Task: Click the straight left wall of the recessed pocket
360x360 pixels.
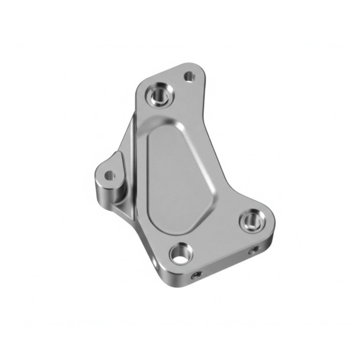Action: click(148, 173)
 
